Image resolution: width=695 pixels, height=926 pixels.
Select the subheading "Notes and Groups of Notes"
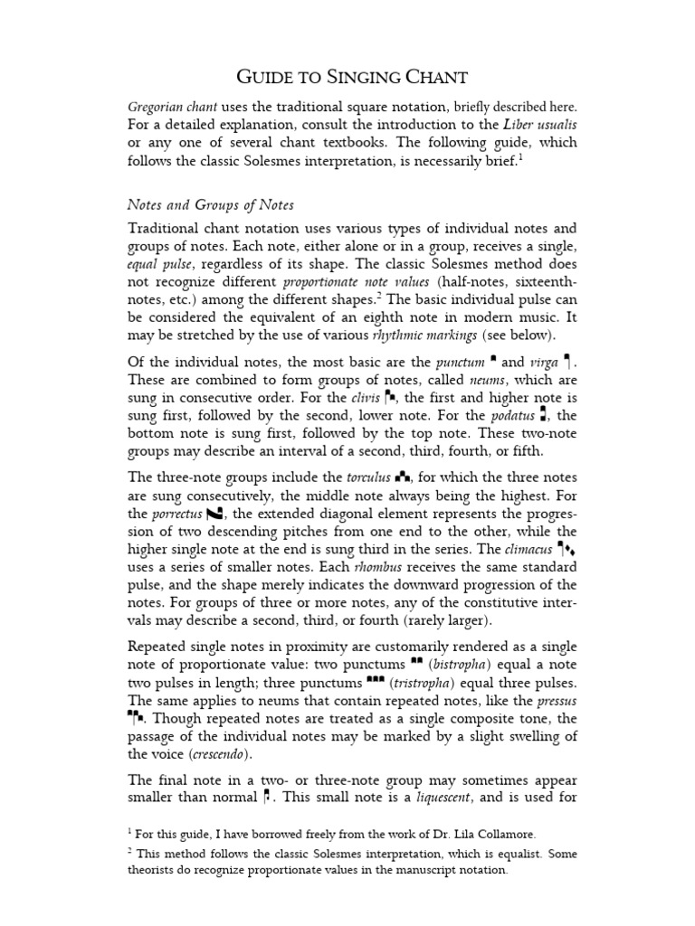click(210, 205)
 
